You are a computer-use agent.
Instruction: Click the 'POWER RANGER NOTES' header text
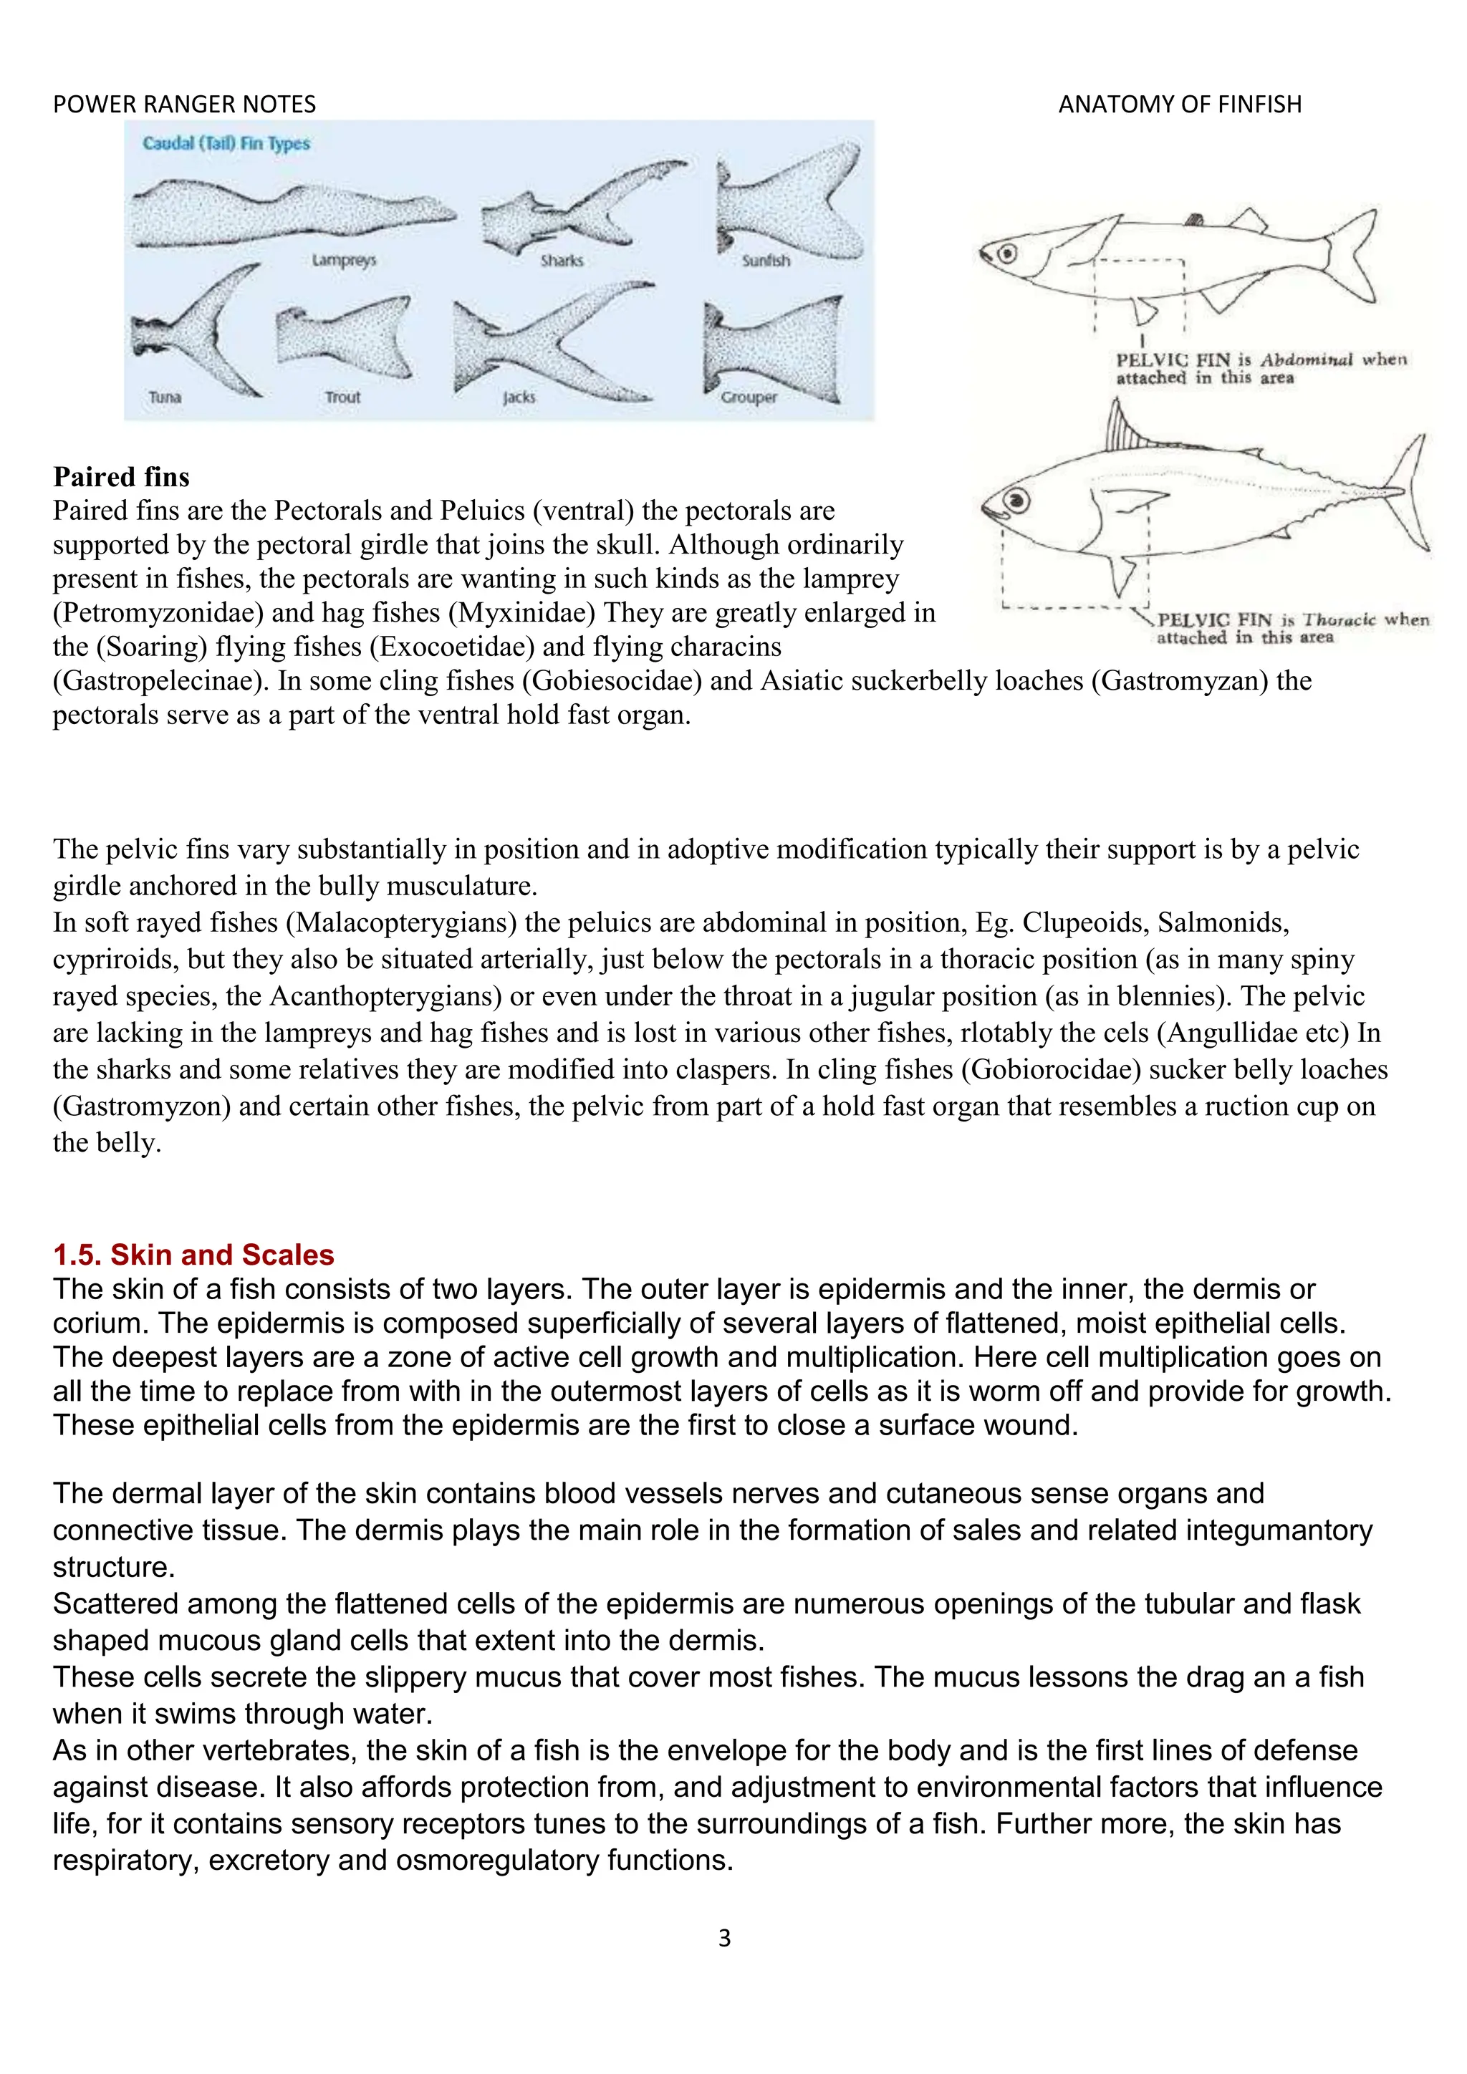click(184, 105)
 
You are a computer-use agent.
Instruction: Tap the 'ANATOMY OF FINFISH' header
click(1179, 105)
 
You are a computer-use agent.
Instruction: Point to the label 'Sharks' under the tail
click(561, 261)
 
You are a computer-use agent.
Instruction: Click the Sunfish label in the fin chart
click(765, 261)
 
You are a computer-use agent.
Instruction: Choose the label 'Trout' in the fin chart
click(342, 397)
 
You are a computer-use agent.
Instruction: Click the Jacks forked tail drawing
click(551, 343)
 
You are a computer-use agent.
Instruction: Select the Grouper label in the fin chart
click(748, 397)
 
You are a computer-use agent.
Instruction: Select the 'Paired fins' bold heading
click(121, 477)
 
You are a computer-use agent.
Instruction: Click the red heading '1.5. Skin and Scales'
click(193, 1255)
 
